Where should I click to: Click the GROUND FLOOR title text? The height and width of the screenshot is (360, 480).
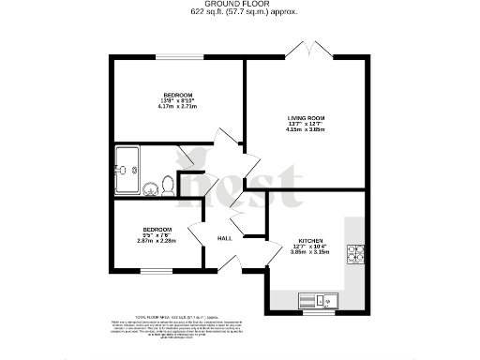point(239,4)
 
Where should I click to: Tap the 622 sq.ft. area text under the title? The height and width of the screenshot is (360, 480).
point(239,12)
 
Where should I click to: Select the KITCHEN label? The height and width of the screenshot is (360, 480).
point(311,239)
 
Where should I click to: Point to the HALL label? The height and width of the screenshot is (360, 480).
point(225,238)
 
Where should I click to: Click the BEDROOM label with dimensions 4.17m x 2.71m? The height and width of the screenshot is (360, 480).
point(178,96)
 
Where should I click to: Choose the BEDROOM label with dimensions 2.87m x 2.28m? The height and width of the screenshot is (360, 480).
point(157,230)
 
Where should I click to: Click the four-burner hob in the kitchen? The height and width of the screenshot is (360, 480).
point(357,252)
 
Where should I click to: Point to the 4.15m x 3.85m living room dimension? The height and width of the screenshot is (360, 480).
point(305,129)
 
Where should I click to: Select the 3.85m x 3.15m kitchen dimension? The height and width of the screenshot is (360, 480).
point(311,252)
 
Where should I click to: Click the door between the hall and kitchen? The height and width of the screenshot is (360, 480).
point(272,248)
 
